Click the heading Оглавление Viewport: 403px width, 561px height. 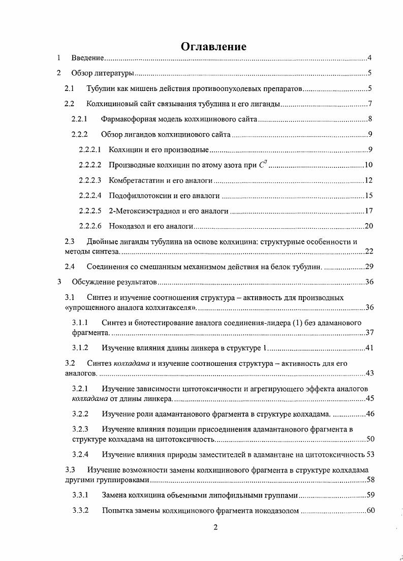[213, 47]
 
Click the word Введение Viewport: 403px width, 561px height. [88, 58]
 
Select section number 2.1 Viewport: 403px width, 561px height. [70, 89]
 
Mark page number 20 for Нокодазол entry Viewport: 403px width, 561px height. [369, 226]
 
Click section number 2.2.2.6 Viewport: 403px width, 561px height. [90, 226]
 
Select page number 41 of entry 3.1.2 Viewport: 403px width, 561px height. [369, 348]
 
